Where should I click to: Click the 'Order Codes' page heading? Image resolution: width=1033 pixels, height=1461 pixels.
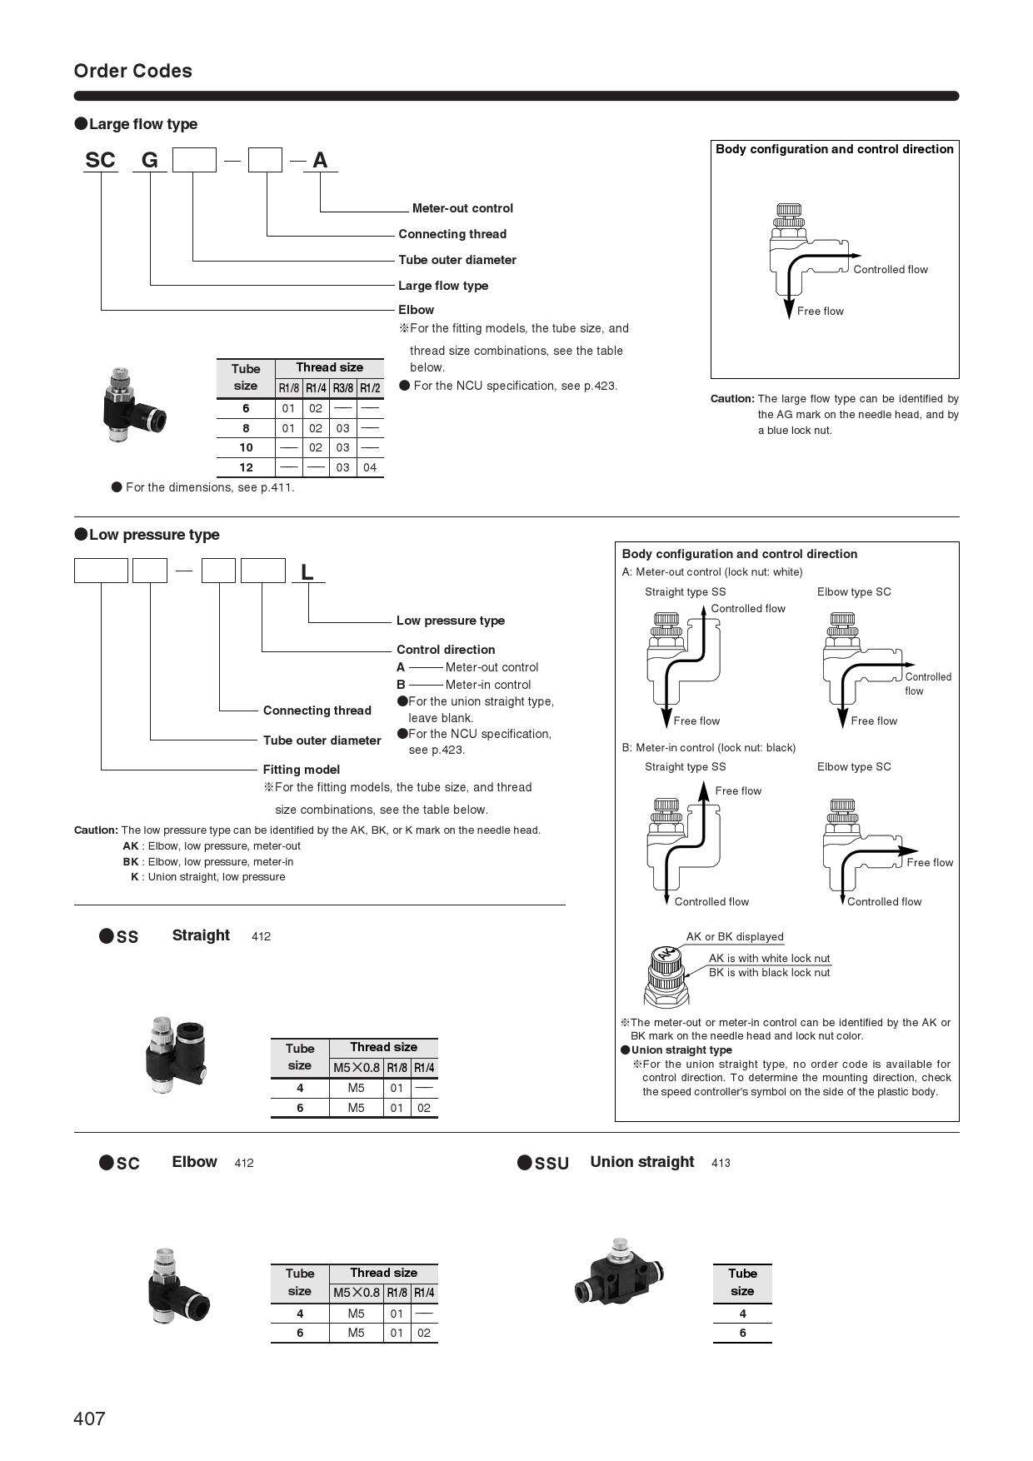[x=132, y=71]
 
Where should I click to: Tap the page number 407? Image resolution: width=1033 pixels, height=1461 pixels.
[x=89, y=1419]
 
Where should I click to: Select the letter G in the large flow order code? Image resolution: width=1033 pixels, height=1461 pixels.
[x=150, y=160]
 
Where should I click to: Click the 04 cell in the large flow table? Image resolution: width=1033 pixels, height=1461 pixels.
[x=370, y=467]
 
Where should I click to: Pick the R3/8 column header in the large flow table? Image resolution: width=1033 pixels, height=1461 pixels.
[x=342, y=388]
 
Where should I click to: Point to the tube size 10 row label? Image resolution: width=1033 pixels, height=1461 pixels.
[x=246, y=447]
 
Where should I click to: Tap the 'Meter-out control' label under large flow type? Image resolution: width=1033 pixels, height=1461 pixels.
[x=462, y=208]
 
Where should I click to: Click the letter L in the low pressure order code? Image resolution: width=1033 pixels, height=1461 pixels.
[x=307, y=572]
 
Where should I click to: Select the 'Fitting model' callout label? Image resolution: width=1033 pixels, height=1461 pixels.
[x=301, y=770]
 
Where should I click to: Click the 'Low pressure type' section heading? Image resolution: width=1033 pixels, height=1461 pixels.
[x=154, y=535]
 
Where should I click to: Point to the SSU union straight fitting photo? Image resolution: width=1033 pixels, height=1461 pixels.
[x=619, y=1273]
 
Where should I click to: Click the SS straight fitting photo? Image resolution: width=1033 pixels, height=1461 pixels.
[x=174, y=1055]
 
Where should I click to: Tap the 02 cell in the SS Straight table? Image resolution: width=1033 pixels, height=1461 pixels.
[x=424, y=1108]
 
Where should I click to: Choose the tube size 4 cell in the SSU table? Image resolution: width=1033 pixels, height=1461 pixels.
[x=742, y=1314]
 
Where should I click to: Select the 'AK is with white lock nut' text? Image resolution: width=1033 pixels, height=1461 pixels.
[x=769, y=958]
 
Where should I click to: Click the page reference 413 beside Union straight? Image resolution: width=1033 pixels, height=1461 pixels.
[x=721, y=1163]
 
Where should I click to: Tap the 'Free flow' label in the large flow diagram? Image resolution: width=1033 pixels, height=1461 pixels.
[x=820, y=311]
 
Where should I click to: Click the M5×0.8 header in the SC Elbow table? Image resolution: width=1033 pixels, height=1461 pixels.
[x=356, y=1293]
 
